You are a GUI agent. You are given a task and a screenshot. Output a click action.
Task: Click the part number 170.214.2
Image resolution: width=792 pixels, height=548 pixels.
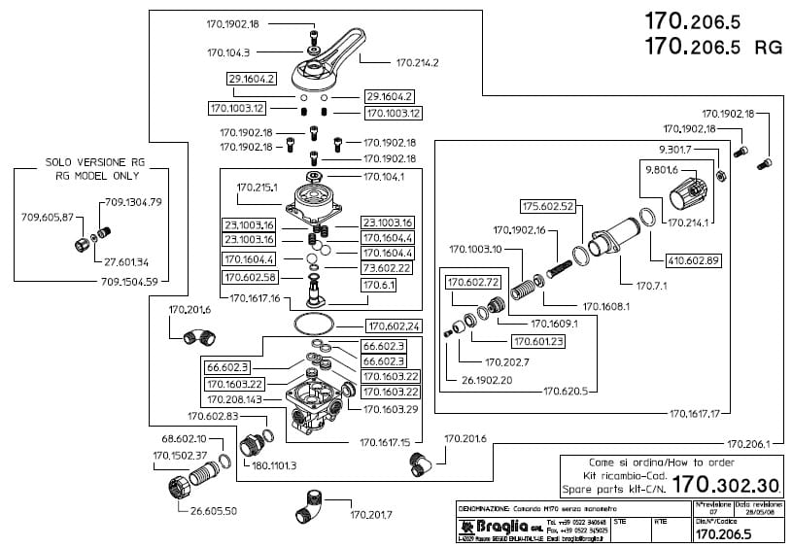pyautogui.click(x=418, y=63)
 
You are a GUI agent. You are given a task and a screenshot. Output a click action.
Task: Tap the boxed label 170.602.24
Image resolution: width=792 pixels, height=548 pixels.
pyautogui.click(x=393, y=325)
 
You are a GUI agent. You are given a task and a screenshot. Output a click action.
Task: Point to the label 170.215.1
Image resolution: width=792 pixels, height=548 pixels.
pyautogui.click(x=258, y=187)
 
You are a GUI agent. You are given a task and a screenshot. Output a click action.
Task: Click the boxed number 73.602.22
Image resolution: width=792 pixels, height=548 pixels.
pyautogui.click(x=388, y=267)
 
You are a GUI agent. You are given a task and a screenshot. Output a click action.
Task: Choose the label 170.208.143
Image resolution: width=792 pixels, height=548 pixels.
pyautogui.click(x=234, y=399)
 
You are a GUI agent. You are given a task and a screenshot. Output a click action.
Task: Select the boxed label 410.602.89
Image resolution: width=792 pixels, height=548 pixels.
pyautogui.click(x=692, y=259)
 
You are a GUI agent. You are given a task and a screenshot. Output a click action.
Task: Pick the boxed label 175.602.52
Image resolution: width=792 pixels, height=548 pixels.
pyautogui.click(x=548, y=206)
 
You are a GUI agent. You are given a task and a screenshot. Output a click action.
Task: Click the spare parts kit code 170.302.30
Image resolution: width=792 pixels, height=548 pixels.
pyautogui.click(x=727, y=484)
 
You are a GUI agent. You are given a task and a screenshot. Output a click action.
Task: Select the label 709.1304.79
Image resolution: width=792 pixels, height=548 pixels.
pyautogui.click(x=130, y=202)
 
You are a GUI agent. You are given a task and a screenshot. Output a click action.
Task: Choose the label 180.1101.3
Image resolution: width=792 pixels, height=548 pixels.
pyautogui.click(x=273, y=465)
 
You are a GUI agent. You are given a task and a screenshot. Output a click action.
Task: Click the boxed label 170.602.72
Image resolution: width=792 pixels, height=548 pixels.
pyautogui.click(x=473, y=282)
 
